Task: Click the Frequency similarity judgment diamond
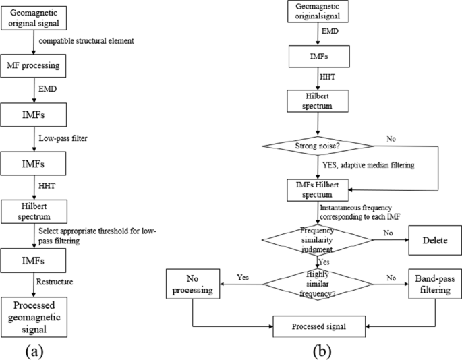[x=321, y=238]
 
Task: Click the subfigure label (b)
[x=321, y=351]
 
